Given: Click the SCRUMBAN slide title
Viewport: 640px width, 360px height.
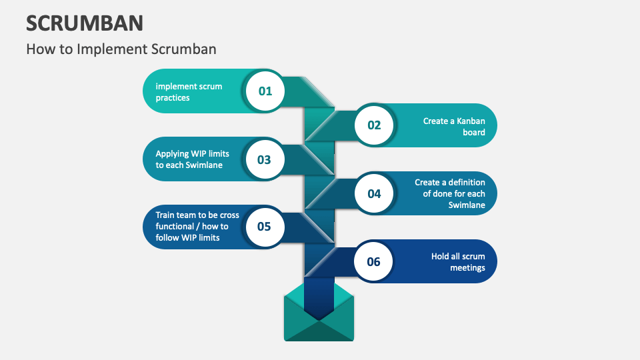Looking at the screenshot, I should (x=85, y=23).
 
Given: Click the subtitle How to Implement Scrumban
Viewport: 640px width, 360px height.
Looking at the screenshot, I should (x=121, y=49).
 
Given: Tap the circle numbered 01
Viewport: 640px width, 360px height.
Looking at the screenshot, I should (x=265, y=91).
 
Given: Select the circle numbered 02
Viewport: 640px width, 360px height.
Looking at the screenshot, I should (x=374, y=125).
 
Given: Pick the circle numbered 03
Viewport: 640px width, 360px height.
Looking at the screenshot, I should (x=264, y=159).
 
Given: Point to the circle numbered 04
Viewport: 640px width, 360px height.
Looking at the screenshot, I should (x=374, y=193).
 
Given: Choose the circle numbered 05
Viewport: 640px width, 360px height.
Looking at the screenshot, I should (x=264, y=227).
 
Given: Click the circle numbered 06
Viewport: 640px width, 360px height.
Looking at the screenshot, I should (x=373, y=261).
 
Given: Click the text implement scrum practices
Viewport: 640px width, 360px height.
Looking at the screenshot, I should (x=189, y=92).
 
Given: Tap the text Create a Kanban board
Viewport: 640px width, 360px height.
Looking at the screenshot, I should (x=454, y=127).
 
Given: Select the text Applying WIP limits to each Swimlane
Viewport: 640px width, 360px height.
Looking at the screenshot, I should (x=192, y=159).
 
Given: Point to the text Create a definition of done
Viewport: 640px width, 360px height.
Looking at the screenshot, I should (x=450, y=193).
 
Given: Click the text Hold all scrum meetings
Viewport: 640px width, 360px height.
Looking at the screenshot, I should (x=458, y=262).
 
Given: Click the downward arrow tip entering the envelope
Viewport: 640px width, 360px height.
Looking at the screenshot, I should (x=319, y=313).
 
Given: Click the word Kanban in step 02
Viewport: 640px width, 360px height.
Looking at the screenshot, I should (x=471, y=121).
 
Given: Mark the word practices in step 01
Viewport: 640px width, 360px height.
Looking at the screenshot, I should (x=173, y=98).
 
